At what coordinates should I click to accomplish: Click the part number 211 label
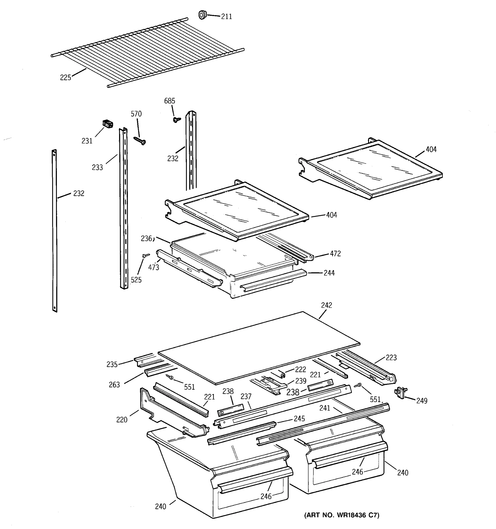(226, 17)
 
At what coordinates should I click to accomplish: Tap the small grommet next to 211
(203, 15)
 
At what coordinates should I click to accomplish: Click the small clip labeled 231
(108, 124)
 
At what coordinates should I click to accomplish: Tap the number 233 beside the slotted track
(97, 167)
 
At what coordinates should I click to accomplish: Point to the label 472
(335, 254)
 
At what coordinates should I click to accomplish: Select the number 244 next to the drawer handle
(329, 273)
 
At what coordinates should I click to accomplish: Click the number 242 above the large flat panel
(326, 305)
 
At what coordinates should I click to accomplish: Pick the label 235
(112, 364)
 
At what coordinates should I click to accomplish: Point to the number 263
(114, 384)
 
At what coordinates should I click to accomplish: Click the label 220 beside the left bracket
(122, 420)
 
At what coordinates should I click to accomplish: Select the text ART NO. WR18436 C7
(342, 515)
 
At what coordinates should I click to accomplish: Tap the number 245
(299, 419)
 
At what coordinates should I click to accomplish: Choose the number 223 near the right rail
(391, 357)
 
